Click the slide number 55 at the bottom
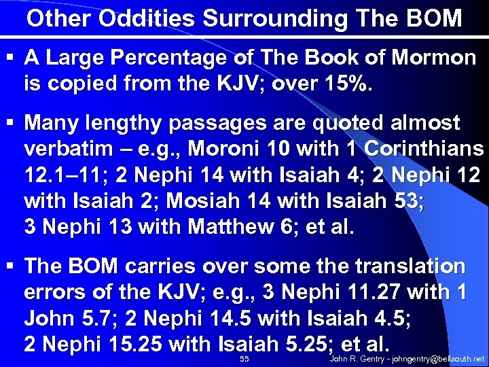245,358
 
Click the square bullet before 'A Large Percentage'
11,58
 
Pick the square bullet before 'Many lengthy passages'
11,124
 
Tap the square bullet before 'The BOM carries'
11,266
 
